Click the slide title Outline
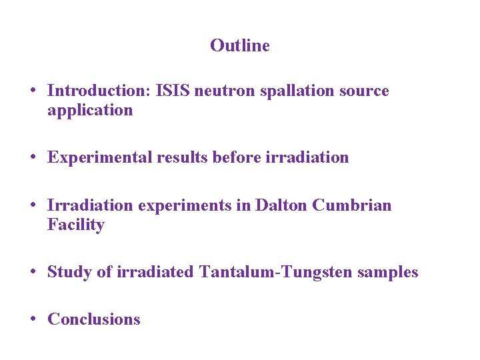point(239,45)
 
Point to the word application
point(90,111)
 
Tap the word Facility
point(75,225)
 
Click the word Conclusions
point(94,319)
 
